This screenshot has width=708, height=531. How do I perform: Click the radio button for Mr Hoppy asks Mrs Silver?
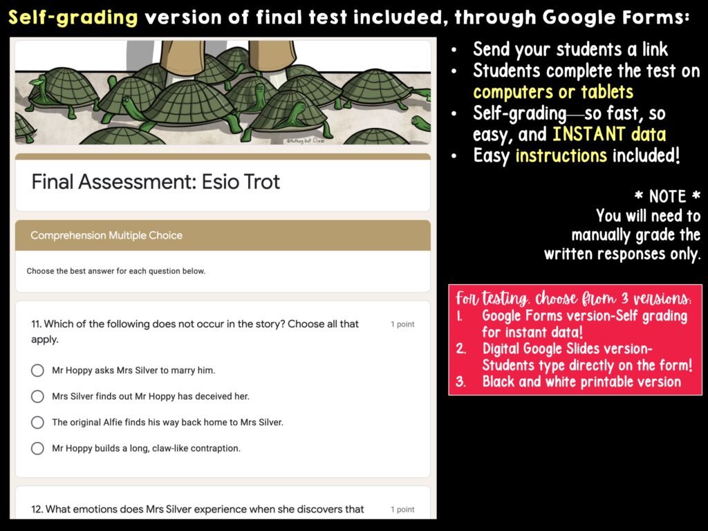coord(37,371)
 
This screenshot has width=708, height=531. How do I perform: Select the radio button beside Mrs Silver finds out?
coord(37,396)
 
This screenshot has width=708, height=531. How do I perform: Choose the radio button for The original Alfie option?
coord(37,422)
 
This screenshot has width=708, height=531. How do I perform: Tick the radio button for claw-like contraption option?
coord(37,448)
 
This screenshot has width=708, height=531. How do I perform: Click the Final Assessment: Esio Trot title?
coord(156,182)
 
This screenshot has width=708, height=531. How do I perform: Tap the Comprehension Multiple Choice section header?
coord(106,235)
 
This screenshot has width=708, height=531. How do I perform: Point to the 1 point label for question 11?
coord(402,324)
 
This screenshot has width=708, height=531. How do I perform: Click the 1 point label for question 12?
coord(402,510)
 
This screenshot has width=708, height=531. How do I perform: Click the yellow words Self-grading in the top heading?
coord(73,18)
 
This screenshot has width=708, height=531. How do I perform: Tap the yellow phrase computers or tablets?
coord(553,92)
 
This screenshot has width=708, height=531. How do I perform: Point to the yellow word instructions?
coord(561,156)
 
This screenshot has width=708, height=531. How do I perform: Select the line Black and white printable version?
coord(581,382)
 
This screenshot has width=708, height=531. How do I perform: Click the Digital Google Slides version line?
coord(567,348)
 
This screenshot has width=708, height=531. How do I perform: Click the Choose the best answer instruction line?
coord(116,271)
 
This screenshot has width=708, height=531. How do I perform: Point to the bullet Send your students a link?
coord(570,50)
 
